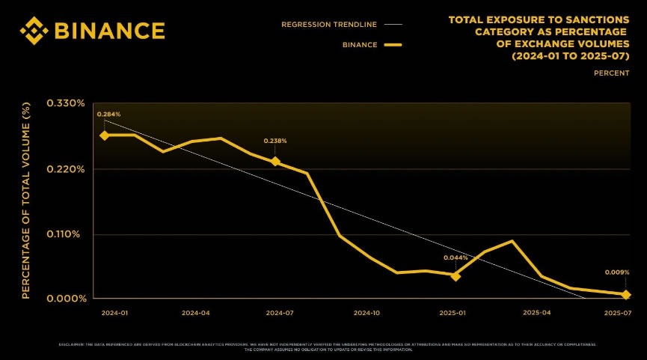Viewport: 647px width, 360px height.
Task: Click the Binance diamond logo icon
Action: click(x=34, y=30)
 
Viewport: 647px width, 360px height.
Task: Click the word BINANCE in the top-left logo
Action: click(x=108, y=30)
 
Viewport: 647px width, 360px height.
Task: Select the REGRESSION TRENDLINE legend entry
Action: click(x=329, y=24)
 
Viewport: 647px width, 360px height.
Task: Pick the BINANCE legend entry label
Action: click(x=360, y=45)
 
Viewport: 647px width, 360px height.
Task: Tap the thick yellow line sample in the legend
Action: click(x=393, y=45)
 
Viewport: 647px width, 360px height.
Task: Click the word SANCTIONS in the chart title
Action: click(x=593, y=19)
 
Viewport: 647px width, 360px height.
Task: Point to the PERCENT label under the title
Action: click(x=611, y=73)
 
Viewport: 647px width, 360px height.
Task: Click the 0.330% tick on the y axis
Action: click(x=66, y=103)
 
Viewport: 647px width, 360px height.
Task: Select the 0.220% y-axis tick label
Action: click(x=66, y=169)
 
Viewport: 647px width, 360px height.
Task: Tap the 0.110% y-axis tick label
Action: click(x=66, y=234)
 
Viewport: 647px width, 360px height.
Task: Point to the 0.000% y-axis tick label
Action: click(x=66, y=299)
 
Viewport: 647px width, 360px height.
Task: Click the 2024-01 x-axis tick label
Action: click(x=114, y=312)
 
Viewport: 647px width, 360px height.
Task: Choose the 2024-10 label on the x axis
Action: click(x=367, y=312)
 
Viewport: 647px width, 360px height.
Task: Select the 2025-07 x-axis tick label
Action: click(x=618, y=312)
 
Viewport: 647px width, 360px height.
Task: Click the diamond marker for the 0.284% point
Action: click(x=105, y=135)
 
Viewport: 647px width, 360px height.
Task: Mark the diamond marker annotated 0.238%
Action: click(x=275, y=162)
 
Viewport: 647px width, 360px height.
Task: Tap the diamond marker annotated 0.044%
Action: click(x=456, y=276)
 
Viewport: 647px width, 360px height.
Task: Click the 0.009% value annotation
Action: click(x=617, y=272)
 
